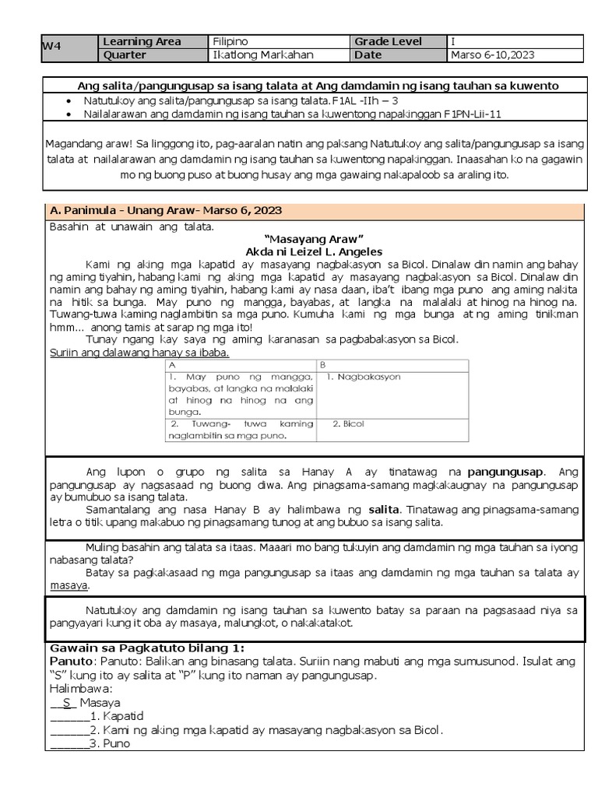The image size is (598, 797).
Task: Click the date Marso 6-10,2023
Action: pyautogui.click(x=493, y=54)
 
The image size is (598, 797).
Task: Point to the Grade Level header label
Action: pyautogui.click(x=389, y=41)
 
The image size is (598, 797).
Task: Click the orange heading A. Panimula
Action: pyautogui.click(x=165, y=210)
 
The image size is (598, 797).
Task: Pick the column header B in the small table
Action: pyautogui.click(x=323, y=364)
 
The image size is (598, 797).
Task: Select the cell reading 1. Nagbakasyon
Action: pyautogui.click(x=363, y=377)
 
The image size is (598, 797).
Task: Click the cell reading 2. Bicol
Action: pyautogui.click(x=348, y=424)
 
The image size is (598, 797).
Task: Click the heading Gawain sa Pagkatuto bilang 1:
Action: pyautogui.click(x=147, y=648)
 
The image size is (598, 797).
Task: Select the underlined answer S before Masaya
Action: pyautogui.click(x=67, y=701)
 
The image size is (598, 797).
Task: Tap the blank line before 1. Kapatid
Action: pyautogui.click(x=69, y=715)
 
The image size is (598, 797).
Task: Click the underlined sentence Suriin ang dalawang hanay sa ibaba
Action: pyautogui.click(x=139, y=352)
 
